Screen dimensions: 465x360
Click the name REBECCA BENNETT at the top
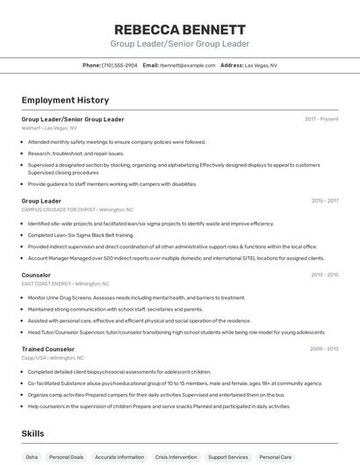click(180, 29)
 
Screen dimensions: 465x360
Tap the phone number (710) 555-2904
click(119, 65)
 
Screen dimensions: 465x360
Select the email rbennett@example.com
click(187, 65)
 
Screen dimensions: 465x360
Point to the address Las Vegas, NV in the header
click(261, 65)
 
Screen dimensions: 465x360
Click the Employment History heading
click(65, 100)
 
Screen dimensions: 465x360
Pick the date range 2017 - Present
click(321, 119)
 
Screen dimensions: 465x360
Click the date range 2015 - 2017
click(324, 201)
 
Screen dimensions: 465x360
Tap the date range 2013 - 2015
click(324, 275)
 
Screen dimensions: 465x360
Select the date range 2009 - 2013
click(324, 349)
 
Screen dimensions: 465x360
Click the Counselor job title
click(36, 275)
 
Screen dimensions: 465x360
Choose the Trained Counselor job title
click(47, 349)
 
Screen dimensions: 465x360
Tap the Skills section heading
click(33, 433)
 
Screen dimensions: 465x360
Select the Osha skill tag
click(32, 457)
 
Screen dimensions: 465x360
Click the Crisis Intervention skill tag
click(176, 457)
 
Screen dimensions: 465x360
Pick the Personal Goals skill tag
click(66, 457)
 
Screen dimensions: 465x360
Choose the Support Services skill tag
click(227, 457)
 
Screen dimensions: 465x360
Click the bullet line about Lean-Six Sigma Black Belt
click(81, 235)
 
